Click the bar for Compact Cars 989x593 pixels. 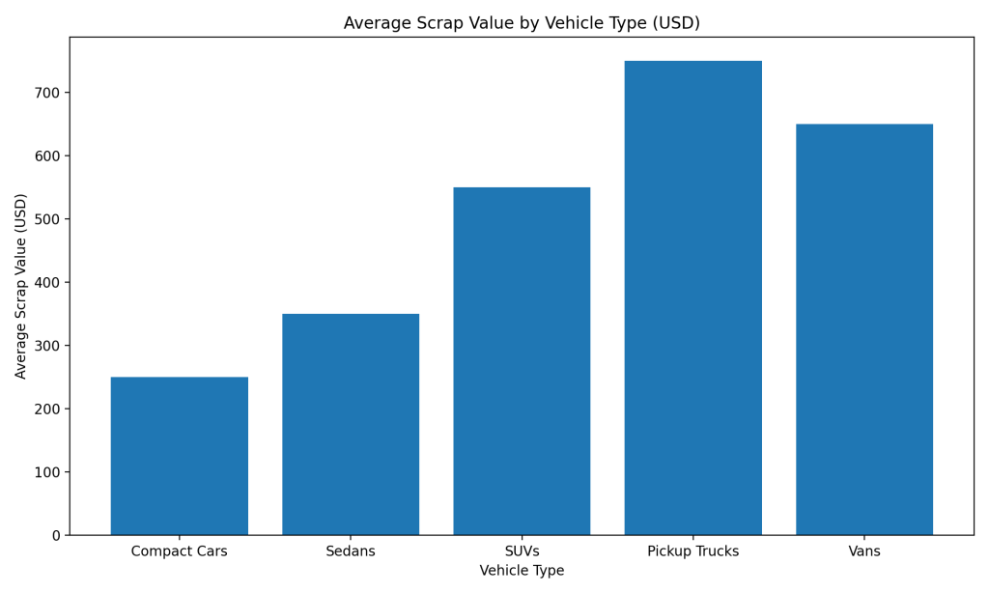(x=179, y=456)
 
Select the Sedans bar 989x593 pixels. (x=351, y=424)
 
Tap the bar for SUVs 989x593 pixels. (x=522, y=361)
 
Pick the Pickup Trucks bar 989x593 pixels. (x=692, y=297)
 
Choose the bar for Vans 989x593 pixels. (x=864, y=329)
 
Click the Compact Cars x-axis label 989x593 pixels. (x=179, y=551)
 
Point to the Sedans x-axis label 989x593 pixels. (x=351, y=551)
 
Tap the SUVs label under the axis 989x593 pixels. (x=522, y=551)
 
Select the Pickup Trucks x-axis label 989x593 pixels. (x=692, y=551)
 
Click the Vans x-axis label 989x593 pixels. (x=864, y=551)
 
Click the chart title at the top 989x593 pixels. (x=522, y=23)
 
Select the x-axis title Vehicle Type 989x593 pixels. (x=522, y=571)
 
